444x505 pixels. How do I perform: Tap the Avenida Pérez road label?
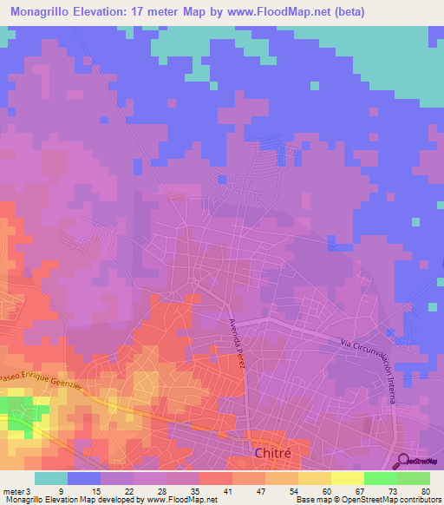coord(238,343)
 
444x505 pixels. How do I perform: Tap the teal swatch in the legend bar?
coord(51,478)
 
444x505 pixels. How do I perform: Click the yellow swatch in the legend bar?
coord(348,478)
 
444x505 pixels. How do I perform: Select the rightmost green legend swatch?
coord(414,478)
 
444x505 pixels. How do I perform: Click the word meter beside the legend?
coord(12,491)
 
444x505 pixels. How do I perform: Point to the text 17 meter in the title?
coord(173,12)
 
